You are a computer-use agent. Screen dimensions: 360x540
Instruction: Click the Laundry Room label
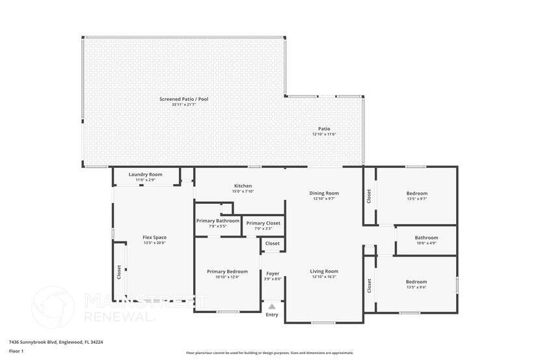tap(145, 174)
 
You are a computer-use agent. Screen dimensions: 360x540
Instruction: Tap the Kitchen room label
tap(243, 186)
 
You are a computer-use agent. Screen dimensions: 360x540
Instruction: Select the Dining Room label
tap(323, 193)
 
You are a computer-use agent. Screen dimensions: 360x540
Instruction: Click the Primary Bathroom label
tap(218, 221)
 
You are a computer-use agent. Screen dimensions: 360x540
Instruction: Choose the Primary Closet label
tap(263, 223)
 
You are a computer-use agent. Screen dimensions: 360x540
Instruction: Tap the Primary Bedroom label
tap(227, 271)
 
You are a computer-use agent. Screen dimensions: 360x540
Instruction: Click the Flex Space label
tap(154, 238)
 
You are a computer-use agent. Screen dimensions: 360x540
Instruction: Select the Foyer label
tap(273, 273)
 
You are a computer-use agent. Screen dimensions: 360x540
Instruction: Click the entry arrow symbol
tap(272, 306)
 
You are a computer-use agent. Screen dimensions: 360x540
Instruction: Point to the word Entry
tap(272, 315)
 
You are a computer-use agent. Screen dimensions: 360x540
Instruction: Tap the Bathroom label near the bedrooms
tap(426, 238)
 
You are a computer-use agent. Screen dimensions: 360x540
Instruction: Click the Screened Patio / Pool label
tap(183, 99)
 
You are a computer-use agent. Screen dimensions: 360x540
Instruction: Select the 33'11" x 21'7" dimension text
tap(183, 105)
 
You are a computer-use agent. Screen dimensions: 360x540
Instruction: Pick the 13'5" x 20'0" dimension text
tap(154, 243)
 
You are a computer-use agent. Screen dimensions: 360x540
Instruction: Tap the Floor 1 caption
tap(16, 351)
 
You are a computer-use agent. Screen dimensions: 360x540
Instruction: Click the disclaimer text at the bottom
tap(270, 353)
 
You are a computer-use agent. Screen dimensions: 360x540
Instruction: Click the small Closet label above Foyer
tap(273, 243)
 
